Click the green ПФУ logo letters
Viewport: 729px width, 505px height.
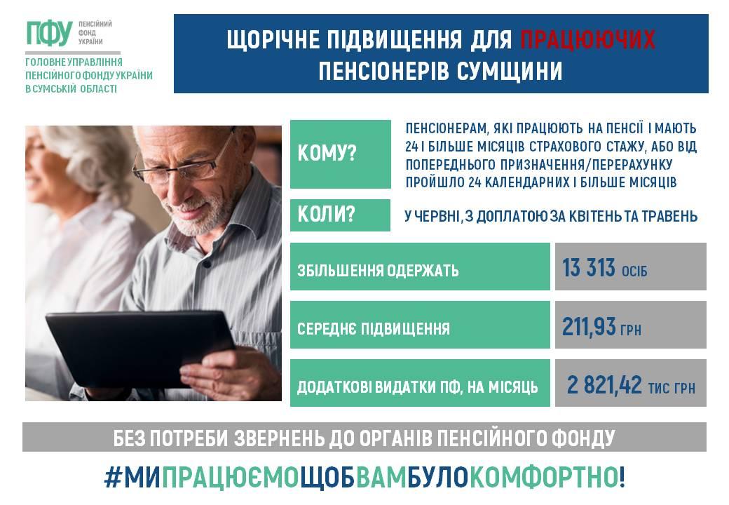[49, 34]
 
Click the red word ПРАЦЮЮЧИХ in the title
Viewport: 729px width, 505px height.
[587, 39]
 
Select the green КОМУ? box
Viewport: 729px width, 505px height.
[341, 154]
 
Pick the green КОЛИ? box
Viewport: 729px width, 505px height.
[341, 215]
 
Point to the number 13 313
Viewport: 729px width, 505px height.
[589, 269]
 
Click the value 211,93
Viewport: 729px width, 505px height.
[589, 326]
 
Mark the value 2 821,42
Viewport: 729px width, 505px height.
[604, 385]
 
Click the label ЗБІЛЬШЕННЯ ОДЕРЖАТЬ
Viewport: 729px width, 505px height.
[378, 270]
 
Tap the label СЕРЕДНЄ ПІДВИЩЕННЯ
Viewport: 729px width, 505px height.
[374, 329]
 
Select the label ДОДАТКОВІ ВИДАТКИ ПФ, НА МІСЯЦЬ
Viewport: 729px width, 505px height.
[417, 387]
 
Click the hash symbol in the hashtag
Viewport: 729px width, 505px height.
[113, 477]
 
